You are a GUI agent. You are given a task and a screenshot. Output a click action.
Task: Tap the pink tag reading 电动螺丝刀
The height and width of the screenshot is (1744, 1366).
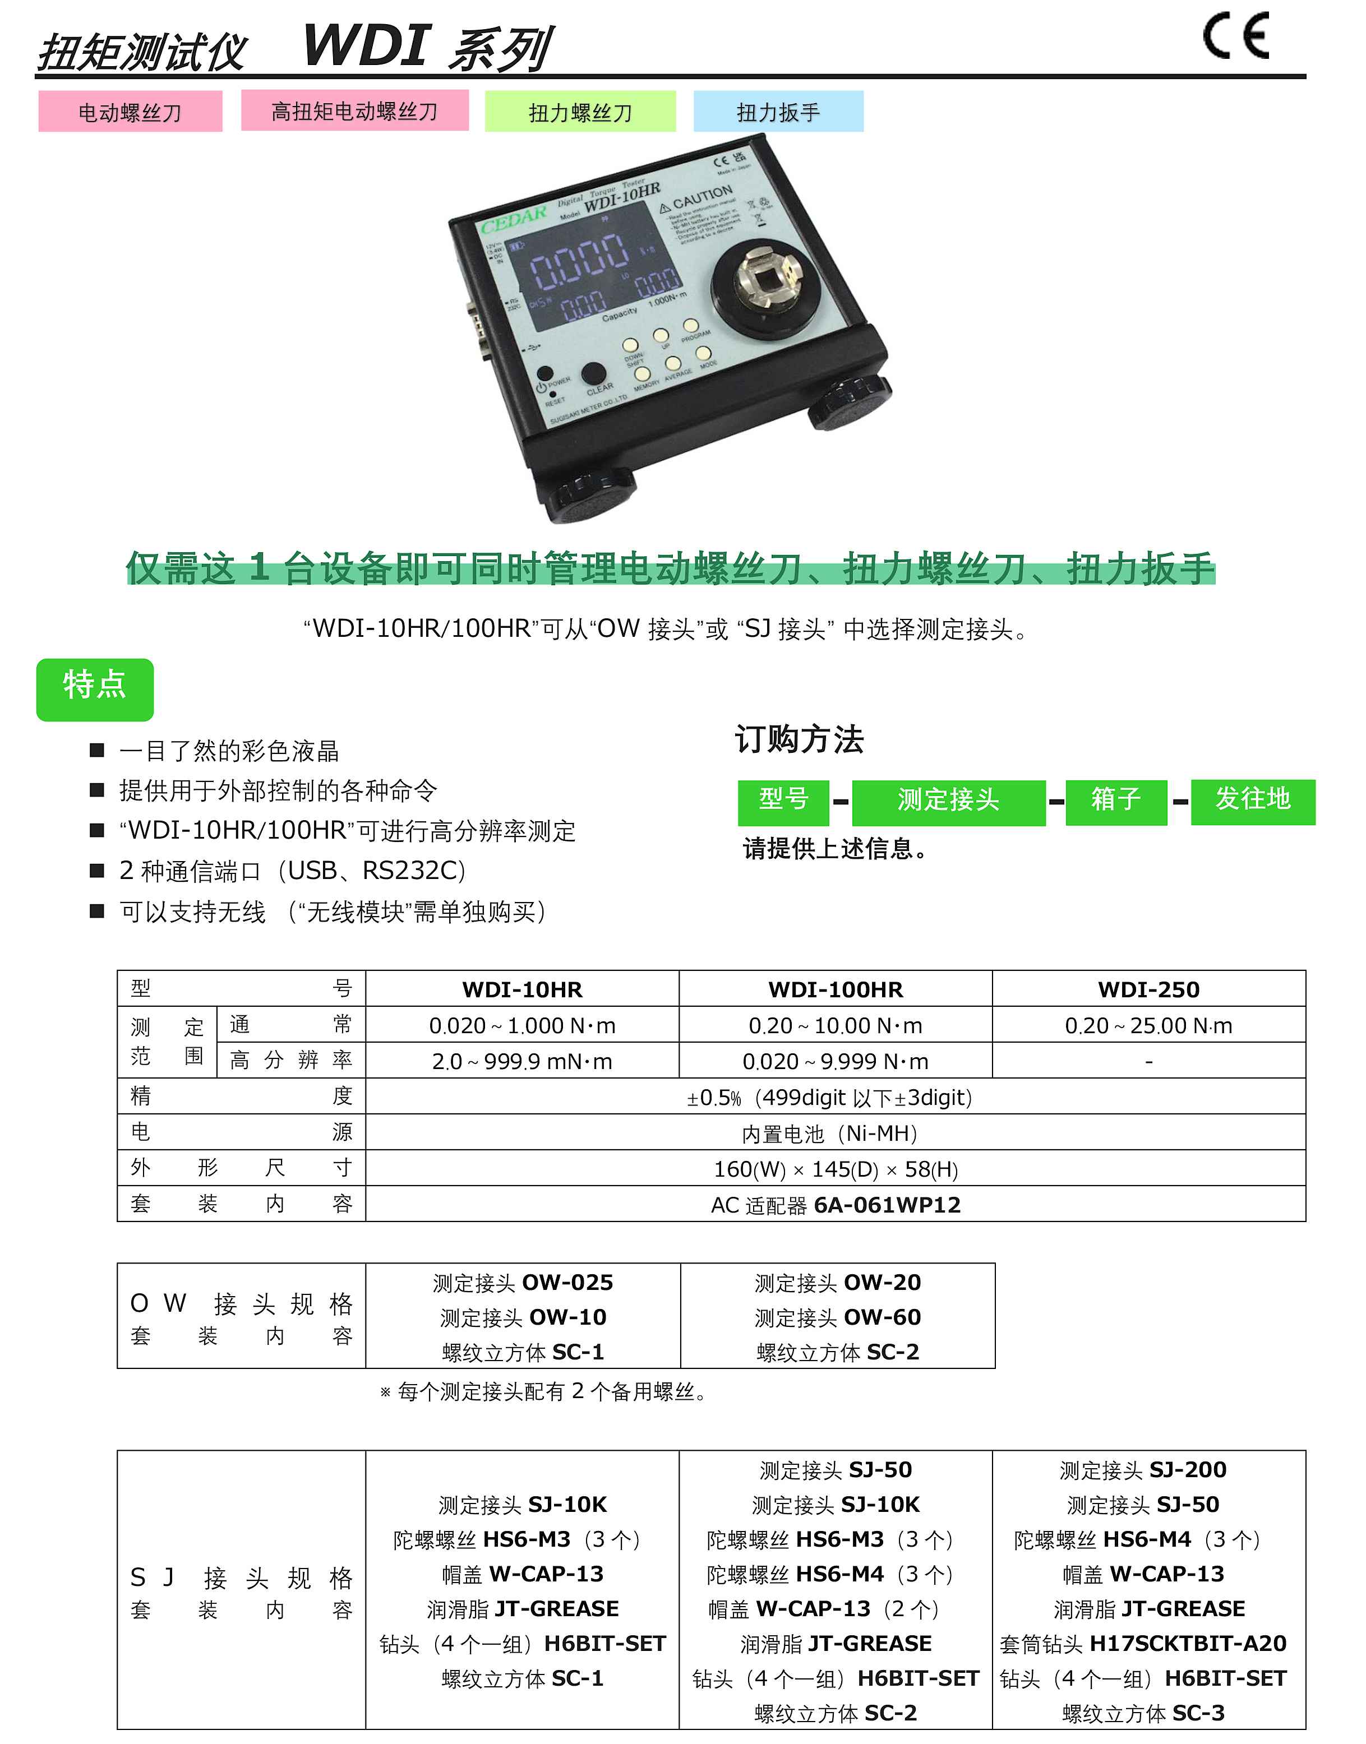pyautogui.click(x=130, y=112)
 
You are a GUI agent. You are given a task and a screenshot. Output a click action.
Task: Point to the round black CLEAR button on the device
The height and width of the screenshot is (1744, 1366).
pyautogui.click(x=593, y=373)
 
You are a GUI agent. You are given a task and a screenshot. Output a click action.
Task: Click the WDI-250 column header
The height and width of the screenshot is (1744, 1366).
pyautogui.click(x=1148, y=989)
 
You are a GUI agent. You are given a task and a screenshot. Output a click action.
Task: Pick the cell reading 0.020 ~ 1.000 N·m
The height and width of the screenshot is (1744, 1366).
pyautogui.click(x=522, y=1025)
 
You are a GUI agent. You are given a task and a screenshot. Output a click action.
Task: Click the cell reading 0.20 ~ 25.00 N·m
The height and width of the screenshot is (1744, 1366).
pyautogui.click(x=1148, y=1025)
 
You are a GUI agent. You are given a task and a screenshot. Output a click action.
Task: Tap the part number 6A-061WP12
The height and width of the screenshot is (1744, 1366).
pyautogui.click(x=886, y=1205)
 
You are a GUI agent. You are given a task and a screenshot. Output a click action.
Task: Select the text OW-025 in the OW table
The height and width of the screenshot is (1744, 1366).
pyautogui.click(x=568, y=1283)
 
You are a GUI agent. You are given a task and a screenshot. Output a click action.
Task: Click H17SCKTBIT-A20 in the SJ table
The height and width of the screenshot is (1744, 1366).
pyautogui.click(x=1188, y=1643)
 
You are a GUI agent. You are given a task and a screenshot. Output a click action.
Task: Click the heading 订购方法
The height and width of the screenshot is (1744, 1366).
pyautogui.click(x=799, y=739)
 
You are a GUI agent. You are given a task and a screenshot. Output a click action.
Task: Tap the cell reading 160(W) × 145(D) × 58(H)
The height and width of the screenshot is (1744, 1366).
pyautogui.click(x=835, y=1169)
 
